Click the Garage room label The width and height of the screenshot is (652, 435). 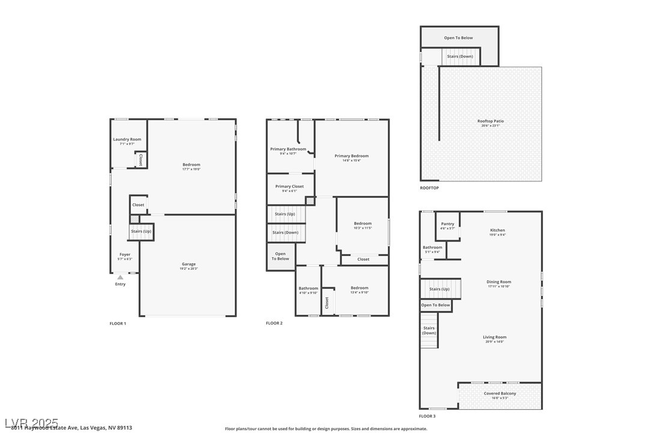(x=189, y=266)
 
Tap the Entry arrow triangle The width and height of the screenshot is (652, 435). (x=120, y=278)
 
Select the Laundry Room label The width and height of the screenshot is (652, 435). (x=127, y=141)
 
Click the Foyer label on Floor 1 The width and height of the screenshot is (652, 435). (x=125, y=257)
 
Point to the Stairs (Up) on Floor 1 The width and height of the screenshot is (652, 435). (x=141, y=231)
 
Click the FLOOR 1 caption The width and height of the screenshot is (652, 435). (x=118, y=323)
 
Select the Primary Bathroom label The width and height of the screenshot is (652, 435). (x=288, y=151)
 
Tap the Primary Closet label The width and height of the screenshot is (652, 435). (x=289, y=188)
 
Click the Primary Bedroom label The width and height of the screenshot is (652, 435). (x=352, y=157)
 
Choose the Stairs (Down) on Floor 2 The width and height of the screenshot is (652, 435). (x=285, y=233)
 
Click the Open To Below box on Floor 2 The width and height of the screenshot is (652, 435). (x=280, y=256)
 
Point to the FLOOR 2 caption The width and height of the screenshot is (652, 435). (x=274, y=323)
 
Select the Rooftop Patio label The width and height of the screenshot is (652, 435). (x=491, y=123)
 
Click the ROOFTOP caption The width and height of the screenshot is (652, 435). (x=429, y=188)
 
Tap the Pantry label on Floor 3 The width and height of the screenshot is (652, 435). (x=448, y=226)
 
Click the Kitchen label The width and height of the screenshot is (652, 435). (x=498, y=232)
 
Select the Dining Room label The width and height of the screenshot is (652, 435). (x=499, y=284)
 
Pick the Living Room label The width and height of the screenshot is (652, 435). (x=495, y=339)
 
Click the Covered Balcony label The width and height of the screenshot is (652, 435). (x=500, y=395)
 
